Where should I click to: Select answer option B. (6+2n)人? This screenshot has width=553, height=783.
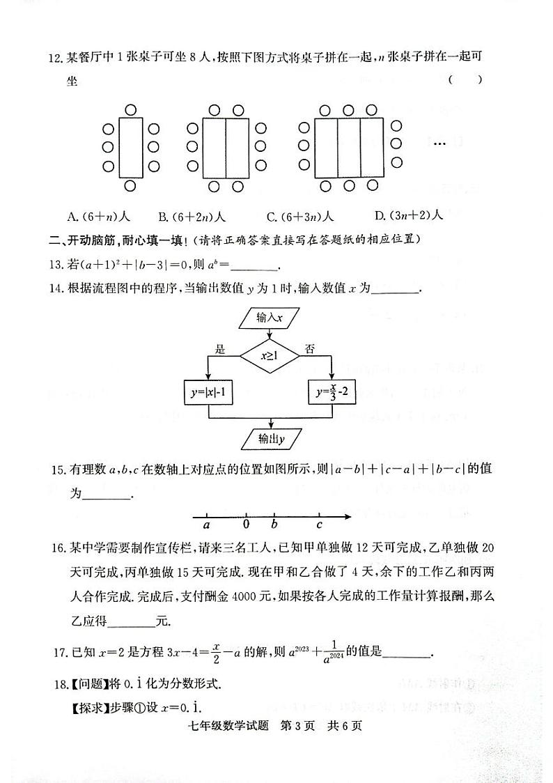point(197,217)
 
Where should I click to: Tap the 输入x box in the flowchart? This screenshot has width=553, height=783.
point(269,318)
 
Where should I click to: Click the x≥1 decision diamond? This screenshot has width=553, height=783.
point(269,355)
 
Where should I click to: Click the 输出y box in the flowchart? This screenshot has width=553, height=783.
point(269,439)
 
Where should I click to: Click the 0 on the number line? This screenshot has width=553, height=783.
point(247,525)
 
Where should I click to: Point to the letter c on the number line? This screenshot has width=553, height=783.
point(319,525)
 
